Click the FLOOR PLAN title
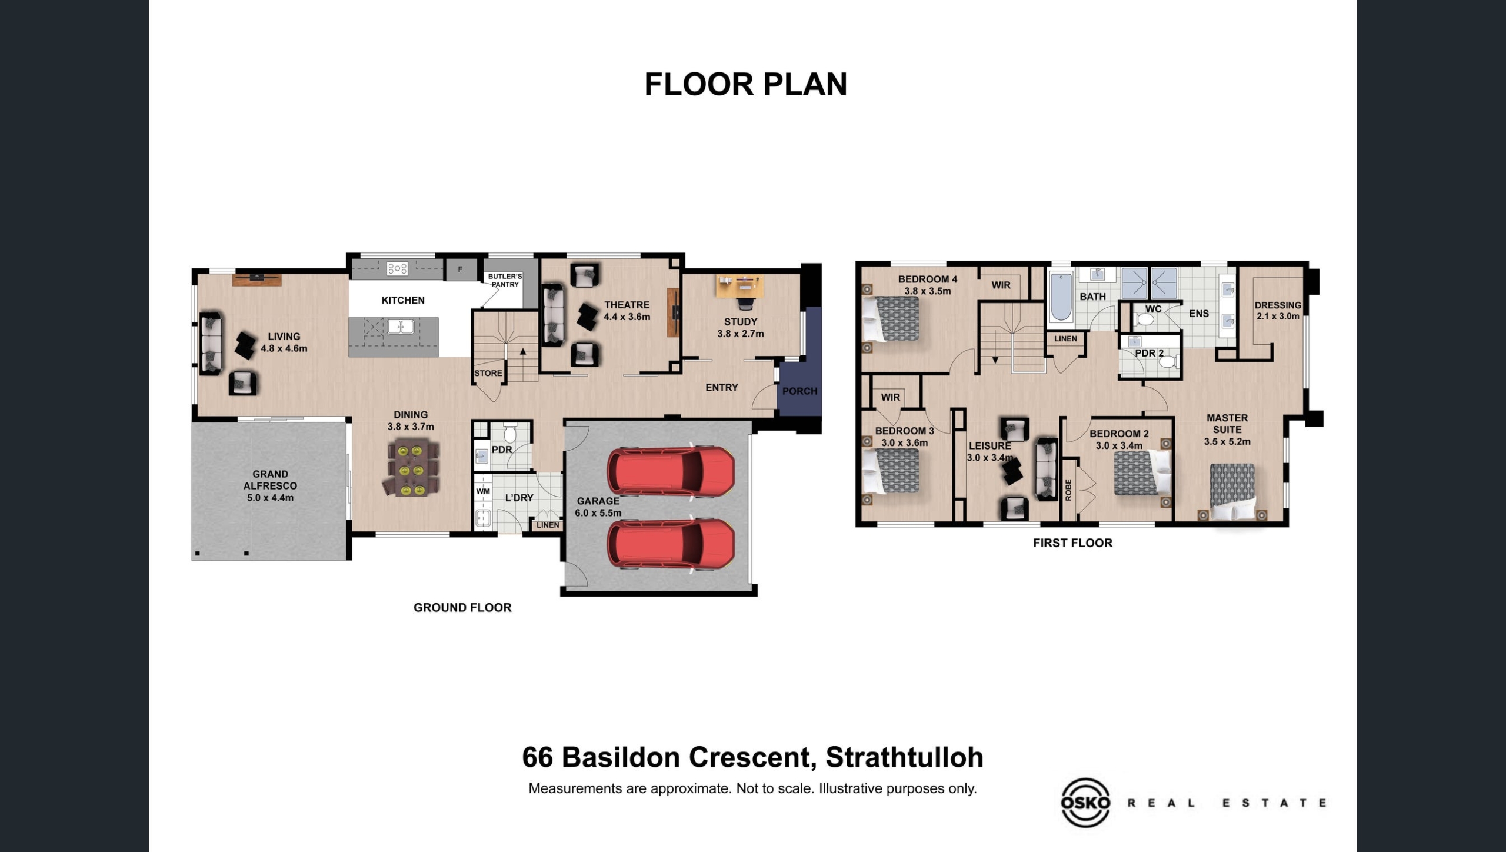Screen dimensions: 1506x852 pos(745,84)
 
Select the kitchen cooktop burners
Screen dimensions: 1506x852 pos(397,269)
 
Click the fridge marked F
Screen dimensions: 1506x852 pos(460,269)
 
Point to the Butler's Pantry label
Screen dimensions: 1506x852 pos(505,280)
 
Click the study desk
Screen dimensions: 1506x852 pos(739,286)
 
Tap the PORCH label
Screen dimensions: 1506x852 pos(799,391)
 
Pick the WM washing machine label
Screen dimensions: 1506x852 pos(483,491)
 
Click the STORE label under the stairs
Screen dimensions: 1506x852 pos(488,373)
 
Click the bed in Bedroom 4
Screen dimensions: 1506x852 pos(891,318)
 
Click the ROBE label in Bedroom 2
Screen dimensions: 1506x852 pos(1068,490)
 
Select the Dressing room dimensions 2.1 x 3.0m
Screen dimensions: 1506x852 pos(1278,317)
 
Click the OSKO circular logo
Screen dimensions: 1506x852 pos(1085,803)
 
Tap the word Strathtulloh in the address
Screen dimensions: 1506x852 pos(904,757)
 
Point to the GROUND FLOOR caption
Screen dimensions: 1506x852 pos(462,608)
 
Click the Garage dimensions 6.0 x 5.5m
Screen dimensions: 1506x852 pos(598,513)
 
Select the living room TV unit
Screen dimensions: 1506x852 pos(256,279)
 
